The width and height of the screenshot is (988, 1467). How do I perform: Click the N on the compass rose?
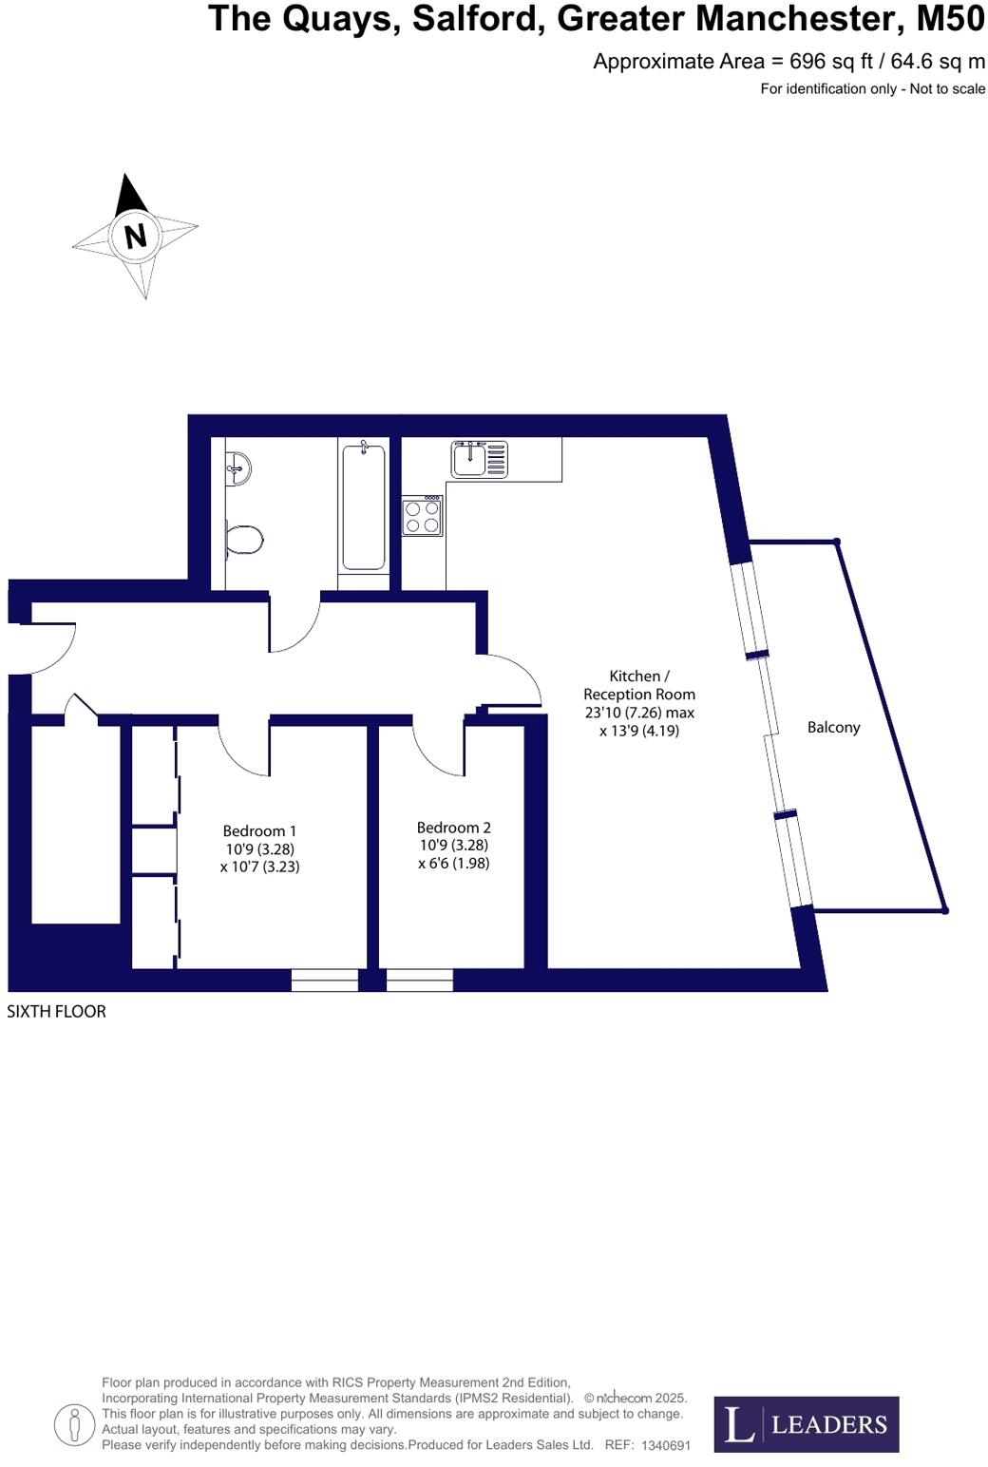coord(135,235)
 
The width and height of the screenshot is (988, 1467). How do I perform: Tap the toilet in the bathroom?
coord(244,541)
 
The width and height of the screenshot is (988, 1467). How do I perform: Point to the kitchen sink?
coord(480,459)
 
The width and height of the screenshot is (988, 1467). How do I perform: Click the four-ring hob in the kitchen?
coord(422,516)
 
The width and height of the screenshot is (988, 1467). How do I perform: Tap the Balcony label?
coord(833,728)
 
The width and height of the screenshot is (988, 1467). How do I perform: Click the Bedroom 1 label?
coord(259,831)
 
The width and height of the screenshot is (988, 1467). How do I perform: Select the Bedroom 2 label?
coord(453,828)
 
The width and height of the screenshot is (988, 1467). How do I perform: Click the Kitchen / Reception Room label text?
coord(639,685)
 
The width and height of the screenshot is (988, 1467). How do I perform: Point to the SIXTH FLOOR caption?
coord(56,1012)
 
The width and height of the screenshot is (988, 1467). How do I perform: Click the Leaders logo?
coord(806,1424)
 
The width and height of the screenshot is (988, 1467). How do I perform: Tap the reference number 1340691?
coord(666,1445)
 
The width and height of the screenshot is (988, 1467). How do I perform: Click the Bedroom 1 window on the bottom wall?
coord(324,980)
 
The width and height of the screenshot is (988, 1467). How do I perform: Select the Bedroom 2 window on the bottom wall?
coord(420,980)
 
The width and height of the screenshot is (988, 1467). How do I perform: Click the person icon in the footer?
coord(73,1424)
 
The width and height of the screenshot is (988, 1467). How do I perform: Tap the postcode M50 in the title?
coord(950,19)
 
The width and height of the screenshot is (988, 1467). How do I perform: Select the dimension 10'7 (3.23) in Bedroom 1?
coord(259,867)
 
